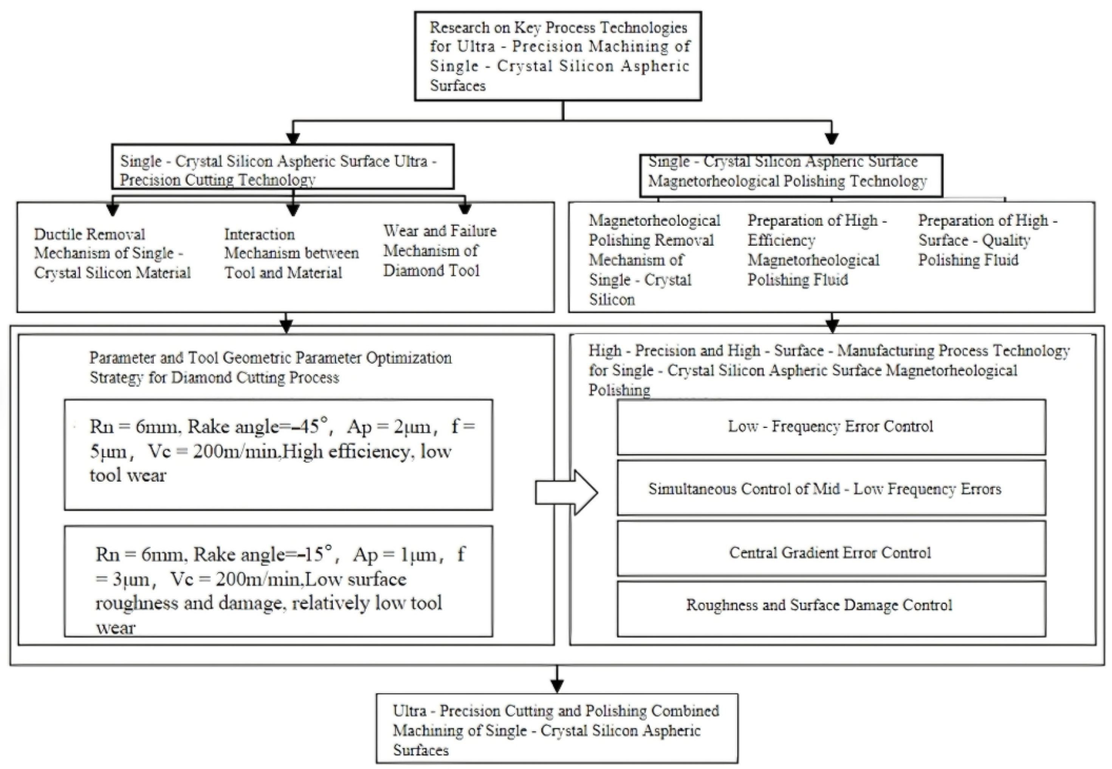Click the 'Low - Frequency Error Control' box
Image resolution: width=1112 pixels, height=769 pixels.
(831, 427)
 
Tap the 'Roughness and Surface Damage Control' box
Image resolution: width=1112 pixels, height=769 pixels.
(831, 609)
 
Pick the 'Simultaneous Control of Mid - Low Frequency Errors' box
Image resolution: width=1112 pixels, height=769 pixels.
(831, 488)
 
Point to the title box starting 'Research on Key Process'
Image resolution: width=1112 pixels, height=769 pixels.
(558, 56)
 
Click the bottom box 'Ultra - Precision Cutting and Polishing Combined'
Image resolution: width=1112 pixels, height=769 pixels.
(557, 728)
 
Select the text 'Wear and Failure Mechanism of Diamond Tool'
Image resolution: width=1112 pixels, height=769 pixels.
(440, 251)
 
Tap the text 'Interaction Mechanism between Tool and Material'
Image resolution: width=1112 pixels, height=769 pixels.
(291, 253)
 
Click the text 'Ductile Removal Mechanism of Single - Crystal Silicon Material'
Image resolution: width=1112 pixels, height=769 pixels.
(112, 253)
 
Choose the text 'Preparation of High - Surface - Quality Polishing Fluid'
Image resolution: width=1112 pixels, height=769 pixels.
(987, 240)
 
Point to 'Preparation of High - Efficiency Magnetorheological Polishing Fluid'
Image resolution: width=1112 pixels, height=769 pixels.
(817, 250)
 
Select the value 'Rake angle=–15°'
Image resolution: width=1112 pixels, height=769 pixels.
(265, 554)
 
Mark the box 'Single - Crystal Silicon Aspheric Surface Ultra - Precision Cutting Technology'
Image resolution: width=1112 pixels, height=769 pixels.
(283, 166)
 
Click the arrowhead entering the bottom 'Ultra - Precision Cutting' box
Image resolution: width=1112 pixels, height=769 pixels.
(557, 686)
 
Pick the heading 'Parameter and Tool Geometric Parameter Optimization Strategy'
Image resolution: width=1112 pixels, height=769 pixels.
(270, 367)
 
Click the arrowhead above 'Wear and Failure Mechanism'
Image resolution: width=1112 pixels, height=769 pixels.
(465, 208)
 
